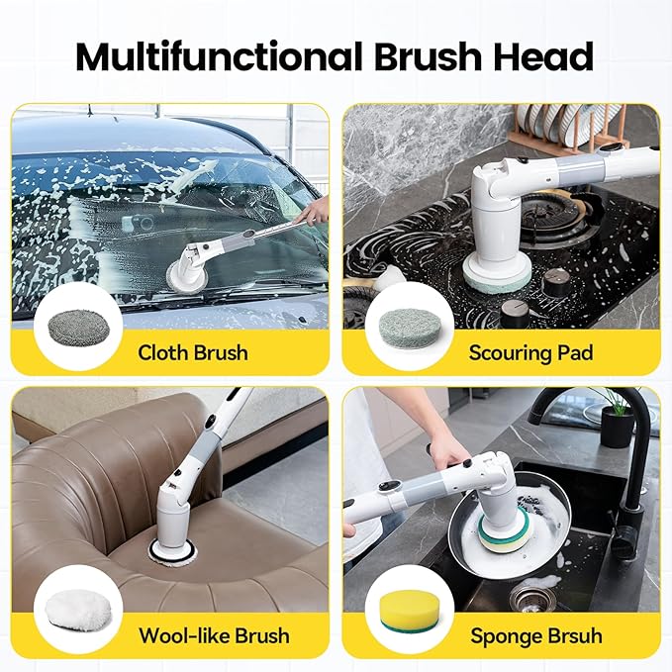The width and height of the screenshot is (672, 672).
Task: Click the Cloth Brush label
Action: click(x=192, y=352)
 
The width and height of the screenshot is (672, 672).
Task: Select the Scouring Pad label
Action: click(x=530, y=352)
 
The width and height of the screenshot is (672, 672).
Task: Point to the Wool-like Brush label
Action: click(x=214, y=634)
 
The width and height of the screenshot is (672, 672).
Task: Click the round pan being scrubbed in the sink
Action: click(x=495, y=525)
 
